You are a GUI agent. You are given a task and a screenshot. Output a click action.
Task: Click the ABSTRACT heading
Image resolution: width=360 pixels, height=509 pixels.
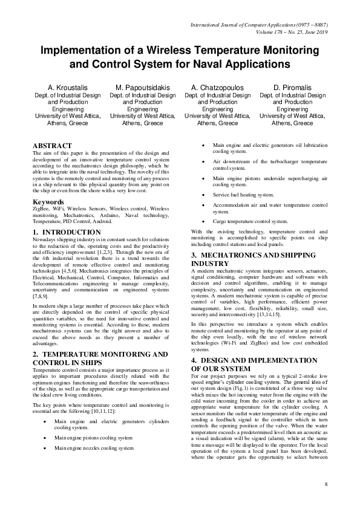coord(52,146)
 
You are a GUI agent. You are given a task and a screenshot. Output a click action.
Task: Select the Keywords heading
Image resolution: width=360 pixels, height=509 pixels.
coord(48,201)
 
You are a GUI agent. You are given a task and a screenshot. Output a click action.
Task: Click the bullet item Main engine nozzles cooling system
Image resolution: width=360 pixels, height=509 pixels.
coord(93,448)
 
